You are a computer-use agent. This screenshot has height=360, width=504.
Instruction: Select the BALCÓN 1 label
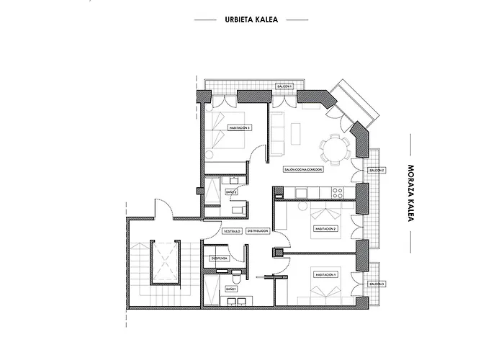pos(284,86)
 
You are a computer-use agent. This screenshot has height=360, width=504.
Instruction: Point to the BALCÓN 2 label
pos(376,170)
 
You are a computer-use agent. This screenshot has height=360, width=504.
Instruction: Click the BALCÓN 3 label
pos(376,284)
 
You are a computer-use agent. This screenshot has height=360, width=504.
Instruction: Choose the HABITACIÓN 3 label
pos(239,127)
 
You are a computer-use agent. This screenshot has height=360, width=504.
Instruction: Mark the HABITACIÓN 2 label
pos(325,229)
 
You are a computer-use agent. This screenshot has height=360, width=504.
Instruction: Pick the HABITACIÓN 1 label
pos(325,275)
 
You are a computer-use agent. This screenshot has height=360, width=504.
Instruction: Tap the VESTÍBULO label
pos(231,231)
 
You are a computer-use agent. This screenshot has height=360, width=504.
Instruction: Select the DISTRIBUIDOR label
pos(257,231)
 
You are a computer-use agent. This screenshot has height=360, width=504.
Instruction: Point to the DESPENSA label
pos(220,258)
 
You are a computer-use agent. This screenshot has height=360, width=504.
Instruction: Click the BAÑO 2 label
pos(231,192)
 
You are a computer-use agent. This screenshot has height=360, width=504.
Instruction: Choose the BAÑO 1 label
pos(231,288)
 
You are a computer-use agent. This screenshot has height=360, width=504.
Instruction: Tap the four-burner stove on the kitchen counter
pos(336,191)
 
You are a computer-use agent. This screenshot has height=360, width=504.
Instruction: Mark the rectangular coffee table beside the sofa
pos(295,132)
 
